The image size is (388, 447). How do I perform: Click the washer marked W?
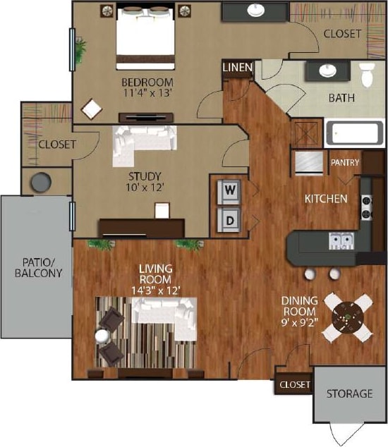tap(229, 189)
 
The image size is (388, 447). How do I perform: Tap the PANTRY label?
tap(345, 163)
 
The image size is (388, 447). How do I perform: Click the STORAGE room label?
tap(349, 393)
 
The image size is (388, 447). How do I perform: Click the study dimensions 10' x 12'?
tap(145, 189)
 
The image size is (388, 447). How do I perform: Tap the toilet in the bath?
tap(368, 73)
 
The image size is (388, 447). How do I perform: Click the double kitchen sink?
tap(339, 243)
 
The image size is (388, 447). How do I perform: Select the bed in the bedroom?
tap(145, 32)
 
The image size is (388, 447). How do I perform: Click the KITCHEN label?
tap(325, 199)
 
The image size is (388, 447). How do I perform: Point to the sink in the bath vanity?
tap(327, 71)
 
